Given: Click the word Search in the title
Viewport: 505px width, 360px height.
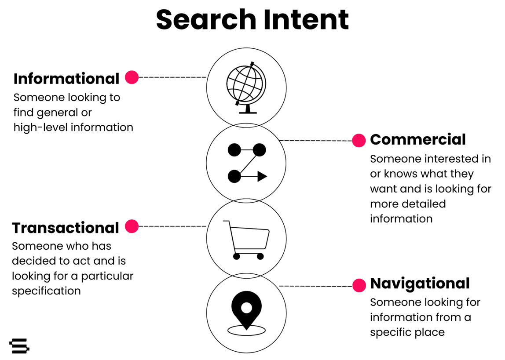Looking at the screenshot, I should point(206,20).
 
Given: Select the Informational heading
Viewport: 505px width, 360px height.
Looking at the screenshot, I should point(66,79).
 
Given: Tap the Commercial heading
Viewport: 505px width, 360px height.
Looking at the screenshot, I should point(417,139).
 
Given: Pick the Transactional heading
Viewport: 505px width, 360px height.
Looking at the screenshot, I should point(66,228).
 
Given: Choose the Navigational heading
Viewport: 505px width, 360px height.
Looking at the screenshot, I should point(420,283).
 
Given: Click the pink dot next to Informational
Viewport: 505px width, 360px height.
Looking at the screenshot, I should point(132,77).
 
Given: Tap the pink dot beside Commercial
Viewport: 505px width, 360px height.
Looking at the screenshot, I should point(359,141).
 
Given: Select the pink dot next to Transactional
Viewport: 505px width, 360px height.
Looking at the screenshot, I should point(132,226).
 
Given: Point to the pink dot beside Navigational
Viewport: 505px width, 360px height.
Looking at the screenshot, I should point(359,285).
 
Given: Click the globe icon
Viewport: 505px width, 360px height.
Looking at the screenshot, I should point(246,87).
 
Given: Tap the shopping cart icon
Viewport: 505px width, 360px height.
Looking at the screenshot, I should point(246,240).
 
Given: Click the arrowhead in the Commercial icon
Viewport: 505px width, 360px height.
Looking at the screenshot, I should point(262,177).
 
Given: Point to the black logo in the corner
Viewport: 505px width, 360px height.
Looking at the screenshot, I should point(19,345).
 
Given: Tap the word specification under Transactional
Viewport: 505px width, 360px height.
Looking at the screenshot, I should point(46,291).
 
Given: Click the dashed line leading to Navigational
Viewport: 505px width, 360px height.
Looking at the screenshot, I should point(315,286).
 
